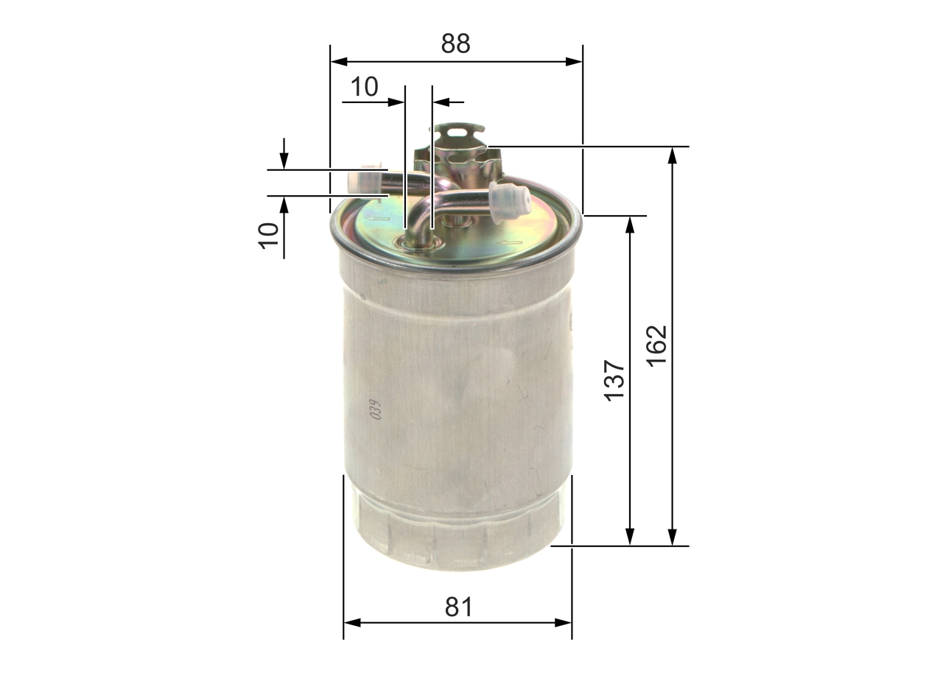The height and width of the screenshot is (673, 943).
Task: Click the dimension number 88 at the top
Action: click(x=455, y=44)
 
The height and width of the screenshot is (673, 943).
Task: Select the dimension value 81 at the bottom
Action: click(x=458, y=607)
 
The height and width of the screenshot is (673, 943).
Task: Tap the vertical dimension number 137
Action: click(x=614, y=381)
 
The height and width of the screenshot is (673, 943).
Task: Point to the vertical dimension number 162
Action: click(x=656, y=345)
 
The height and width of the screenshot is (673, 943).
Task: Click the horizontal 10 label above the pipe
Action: click(x=364, y=87)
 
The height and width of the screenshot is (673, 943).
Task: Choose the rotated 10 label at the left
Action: click(x=270, y=235)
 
